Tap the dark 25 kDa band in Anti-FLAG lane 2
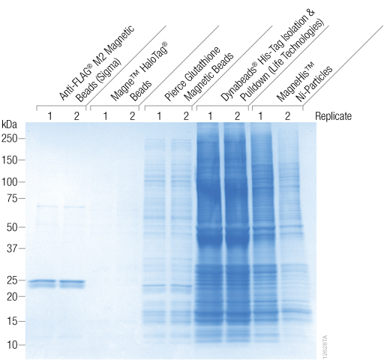point(73,283)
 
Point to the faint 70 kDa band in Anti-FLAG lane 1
point(46,205)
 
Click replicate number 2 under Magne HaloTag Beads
point(131,116)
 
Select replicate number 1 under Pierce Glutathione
point(158,116)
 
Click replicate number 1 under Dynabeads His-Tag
point(210,116)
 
